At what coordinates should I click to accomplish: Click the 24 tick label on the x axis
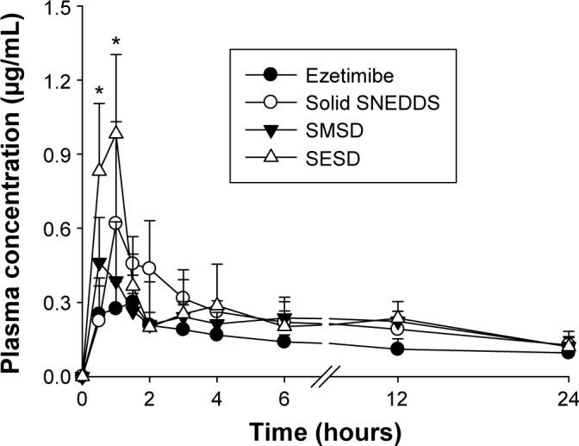[568, 399]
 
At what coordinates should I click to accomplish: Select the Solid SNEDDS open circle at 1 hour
[115, 223]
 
